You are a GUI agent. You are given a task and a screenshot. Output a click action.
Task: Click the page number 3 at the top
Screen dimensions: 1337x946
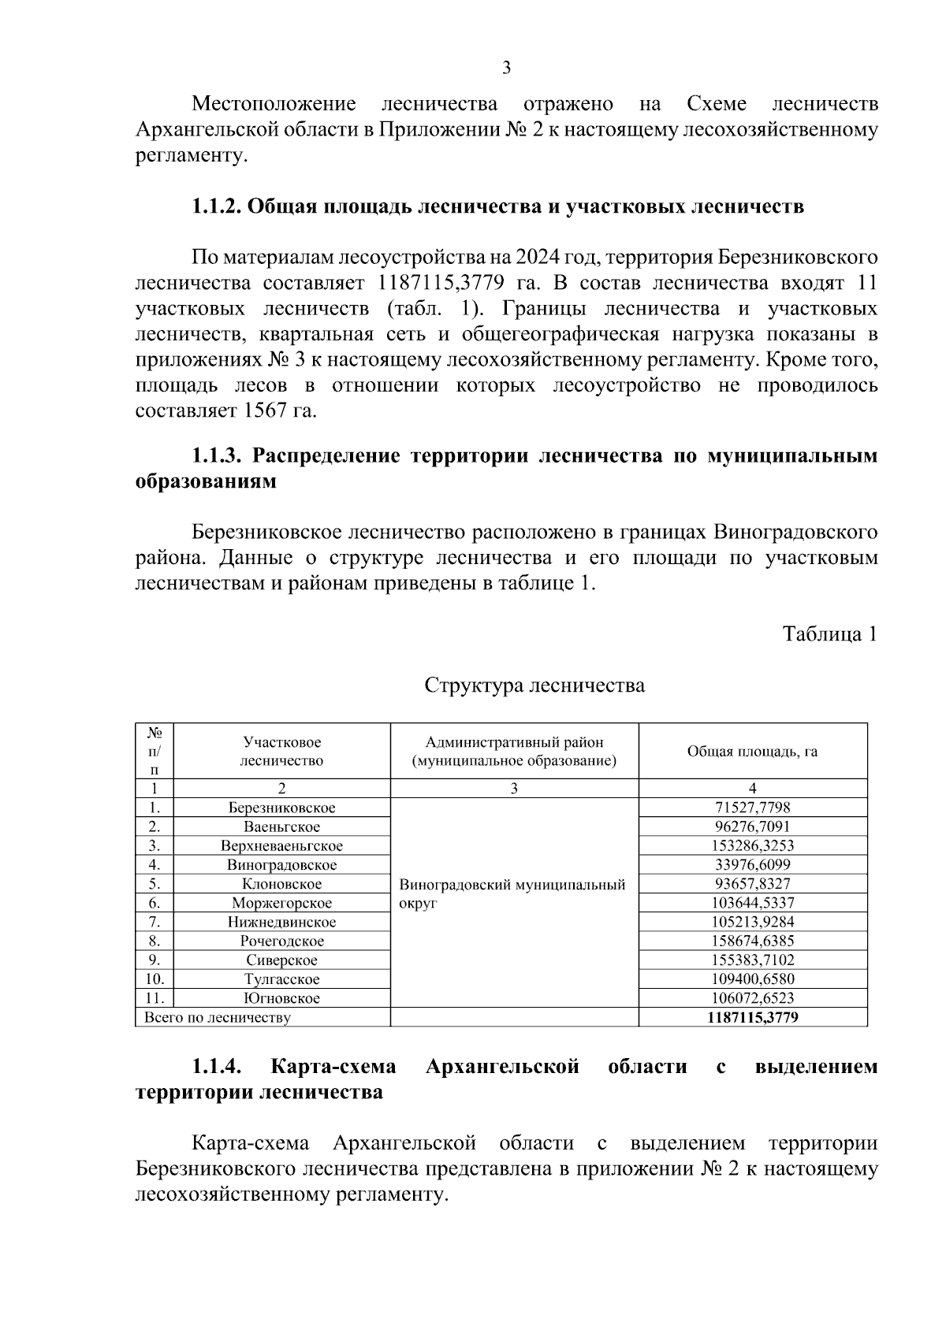pyautogui.click(x=506, y=69)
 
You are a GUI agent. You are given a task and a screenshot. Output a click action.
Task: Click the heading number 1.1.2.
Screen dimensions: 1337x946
pyautogui.click(x=217, y=207)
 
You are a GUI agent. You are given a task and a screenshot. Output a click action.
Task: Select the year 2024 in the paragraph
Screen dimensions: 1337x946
pyautogui.click(x=538, y=258)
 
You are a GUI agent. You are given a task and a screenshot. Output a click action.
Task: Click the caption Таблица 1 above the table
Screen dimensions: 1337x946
pyautogui.click(x=829, y=634)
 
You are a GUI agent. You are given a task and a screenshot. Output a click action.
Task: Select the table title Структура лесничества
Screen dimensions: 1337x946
pyautogui.click(x=534, y=685)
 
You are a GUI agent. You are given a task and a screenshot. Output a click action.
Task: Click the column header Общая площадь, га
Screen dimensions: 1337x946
pyautogui.click(x=752, y=751)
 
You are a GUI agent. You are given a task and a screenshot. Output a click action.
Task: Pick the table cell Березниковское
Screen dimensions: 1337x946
pyautogui.click(x=281, y=808)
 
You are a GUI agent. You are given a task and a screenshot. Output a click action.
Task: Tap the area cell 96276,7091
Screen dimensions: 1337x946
pyautogui.click(x=752, y=826)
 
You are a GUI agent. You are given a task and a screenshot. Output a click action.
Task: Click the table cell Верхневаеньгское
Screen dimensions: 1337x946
pyautogui.click(x=281, y=846)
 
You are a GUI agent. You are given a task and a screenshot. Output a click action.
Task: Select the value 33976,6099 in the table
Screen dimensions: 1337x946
pyautogui.click(x=752, y=865)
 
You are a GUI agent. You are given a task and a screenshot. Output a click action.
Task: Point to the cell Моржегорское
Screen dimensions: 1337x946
pyautogui.click(x=281, y=903)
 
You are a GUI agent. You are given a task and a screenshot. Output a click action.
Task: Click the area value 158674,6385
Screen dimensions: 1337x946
pyautogui.click(x=752, y=941)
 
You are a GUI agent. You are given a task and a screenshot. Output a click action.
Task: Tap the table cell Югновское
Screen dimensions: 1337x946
pyautogui.click(x=281, y=998)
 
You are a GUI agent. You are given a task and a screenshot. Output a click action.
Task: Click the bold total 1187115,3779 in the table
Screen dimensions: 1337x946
pyautogui.click(x=752, y=1017)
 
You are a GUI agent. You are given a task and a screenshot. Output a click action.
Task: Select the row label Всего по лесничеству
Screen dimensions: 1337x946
pyautogui.click(x=217, y=1017)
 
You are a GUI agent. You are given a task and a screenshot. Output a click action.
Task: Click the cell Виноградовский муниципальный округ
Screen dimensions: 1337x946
pyautogui.click(x=512, y=893)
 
